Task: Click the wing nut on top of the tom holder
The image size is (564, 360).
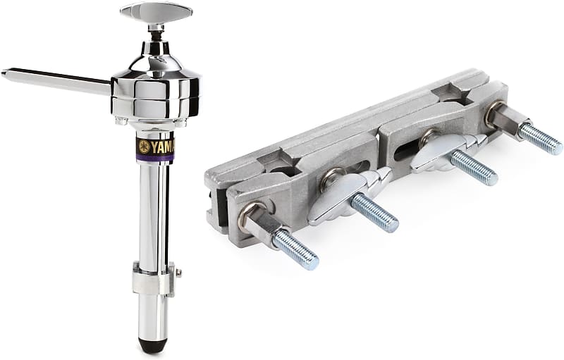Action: coord(156,12)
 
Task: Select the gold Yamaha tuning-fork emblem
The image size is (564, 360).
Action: coord(145,147)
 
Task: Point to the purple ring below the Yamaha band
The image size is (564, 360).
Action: coord(155,160)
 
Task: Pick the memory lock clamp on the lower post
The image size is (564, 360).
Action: coord(152,279)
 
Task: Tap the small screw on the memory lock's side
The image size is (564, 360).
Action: coord(179,273)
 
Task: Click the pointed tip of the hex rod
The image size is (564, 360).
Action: coord(6,72)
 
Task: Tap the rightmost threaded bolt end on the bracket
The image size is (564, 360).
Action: coord(541,139)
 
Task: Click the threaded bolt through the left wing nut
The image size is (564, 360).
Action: coord(374,212)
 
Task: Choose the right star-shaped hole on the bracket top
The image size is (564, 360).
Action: coord(451,92)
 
